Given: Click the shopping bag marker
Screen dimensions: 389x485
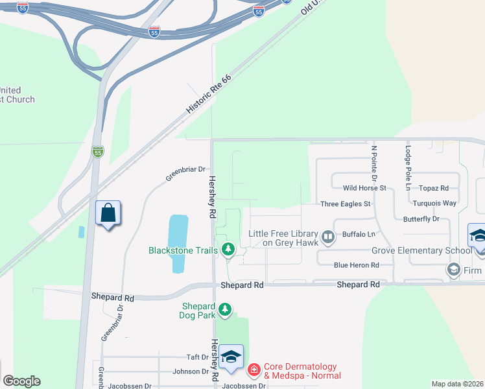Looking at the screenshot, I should tap(108, 213).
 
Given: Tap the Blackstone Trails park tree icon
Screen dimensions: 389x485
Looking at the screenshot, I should tap(228, 249).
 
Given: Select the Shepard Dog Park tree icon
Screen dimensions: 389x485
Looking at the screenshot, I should tap(225, 310).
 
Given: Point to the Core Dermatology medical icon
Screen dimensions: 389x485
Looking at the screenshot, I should tap(254, 371).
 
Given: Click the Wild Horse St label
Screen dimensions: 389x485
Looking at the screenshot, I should tap(364, 188).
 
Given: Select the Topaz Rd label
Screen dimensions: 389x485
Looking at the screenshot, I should tap(434, 188).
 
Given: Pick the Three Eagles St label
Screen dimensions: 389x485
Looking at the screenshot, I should tap(346, 204).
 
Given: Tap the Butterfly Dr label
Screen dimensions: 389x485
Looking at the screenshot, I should tap(421, 219).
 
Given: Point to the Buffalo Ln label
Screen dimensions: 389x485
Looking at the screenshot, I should tap(359, 234).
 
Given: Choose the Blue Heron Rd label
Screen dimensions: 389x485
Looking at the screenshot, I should tap(356, 265).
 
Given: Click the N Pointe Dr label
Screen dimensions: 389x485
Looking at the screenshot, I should tap(374, 163).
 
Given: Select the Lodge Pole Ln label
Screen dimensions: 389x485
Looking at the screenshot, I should tap(408, 163).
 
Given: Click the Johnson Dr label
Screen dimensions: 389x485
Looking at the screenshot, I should tap(191, 372).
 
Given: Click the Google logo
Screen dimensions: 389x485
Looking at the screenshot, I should tap(21, 381).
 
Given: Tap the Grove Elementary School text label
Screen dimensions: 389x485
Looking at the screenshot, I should tap(421, 251).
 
